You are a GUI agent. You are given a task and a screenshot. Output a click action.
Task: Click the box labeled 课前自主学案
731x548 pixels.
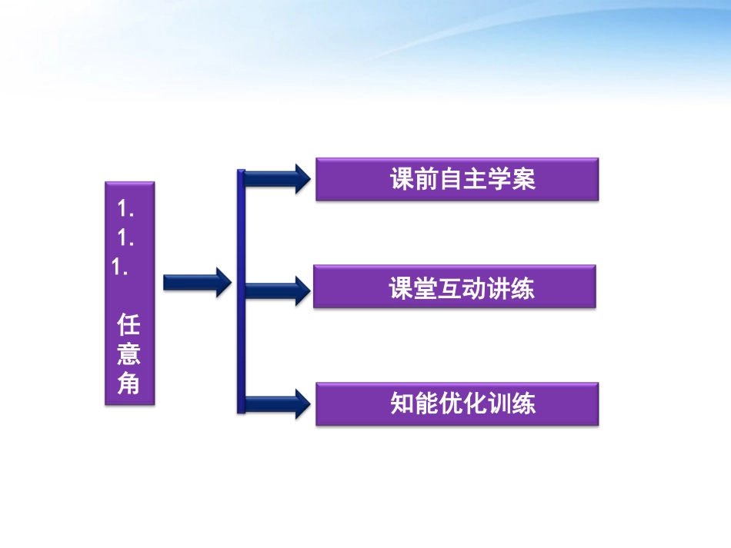pos(457,179)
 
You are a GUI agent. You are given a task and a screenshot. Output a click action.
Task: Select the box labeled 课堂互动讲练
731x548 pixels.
pos(454,287)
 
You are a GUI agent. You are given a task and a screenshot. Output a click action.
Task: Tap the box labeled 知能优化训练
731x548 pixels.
pos(457,404)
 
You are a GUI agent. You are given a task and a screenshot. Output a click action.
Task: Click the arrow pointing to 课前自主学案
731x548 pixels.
pos(278,179)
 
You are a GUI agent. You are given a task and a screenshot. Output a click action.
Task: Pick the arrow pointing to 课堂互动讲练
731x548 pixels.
pos(278,290)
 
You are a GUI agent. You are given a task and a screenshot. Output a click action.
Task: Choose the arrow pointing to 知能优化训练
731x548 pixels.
pos(278,404)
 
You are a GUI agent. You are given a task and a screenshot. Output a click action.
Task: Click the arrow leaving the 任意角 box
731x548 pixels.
pos(197,282)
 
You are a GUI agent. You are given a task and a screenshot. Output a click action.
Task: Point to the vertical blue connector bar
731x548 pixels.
pos(241,292)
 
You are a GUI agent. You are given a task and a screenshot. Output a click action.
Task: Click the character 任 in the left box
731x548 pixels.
pos(129,324)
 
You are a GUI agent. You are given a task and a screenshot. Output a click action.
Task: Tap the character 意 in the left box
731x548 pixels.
pos(129,354)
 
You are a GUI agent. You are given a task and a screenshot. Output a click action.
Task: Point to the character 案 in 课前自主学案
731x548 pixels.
pos(524,179)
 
